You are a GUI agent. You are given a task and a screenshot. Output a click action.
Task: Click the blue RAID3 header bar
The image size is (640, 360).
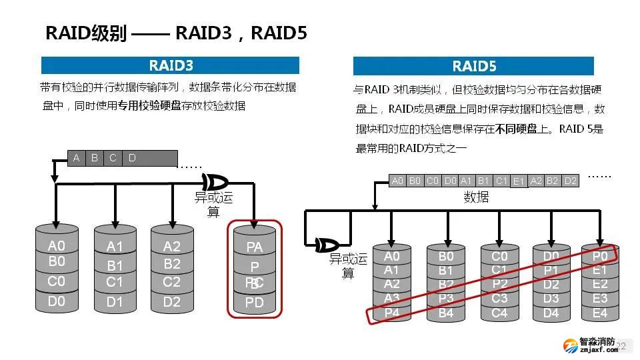coord(170,65)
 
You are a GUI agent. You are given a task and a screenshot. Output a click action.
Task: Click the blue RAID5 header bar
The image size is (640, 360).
coord(473,66)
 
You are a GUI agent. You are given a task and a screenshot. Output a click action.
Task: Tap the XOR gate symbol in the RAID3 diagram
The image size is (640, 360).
coord(215,181)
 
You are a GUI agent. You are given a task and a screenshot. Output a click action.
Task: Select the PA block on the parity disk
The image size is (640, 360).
coord(255,247)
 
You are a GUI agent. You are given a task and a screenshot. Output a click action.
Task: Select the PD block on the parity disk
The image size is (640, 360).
coord(255,303)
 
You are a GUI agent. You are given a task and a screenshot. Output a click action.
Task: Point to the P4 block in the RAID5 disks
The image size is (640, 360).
coord(392,312)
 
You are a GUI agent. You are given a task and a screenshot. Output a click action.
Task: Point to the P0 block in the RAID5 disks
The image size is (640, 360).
coord(600,256)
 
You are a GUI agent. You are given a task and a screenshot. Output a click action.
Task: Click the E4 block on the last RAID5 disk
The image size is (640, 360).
coord(600,313)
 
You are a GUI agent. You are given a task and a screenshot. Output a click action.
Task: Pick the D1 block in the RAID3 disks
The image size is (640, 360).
coord(115,302)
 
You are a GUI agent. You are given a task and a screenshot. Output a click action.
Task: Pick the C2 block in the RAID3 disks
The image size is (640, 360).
coord(172,282)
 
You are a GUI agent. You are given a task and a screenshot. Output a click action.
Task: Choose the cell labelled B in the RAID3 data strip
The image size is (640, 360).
coord(95,158)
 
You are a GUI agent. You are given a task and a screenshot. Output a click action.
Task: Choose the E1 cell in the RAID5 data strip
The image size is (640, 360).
coord(519,181)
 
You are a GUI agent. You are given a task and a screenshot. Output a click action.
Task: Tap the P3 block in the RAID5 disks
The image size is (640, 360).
coord(446,298)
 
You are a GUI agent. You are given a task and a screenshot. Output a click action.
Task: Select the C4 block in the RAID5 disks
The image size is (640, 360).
coord(499,313)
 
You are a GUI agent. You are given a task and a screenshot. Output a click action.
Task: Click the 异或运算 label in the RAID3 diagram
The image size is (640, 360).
coord(213,204)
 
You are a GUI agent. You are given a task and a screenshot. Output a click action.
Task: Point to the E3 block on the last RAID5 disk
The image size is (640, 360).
coord(600,298)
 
